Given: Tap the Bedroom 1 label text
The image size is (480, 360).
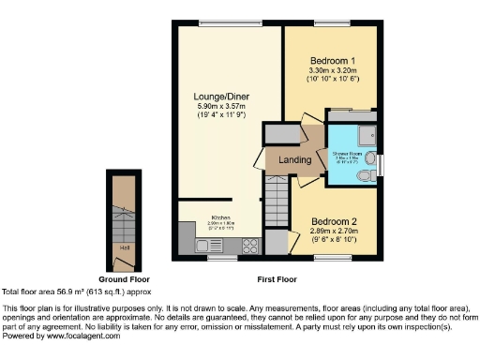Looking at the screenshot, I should point(332,60).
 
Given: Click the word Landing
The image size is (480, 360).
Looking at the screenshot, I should point(295,160).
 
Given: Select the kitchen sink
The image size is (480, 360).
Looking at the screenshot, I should point(207,246).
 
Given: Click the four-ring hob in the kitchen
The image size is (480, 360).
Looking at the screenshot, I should point(250,246).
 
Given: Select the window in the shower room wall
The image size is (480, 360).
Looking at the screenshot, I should point(380,167).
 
